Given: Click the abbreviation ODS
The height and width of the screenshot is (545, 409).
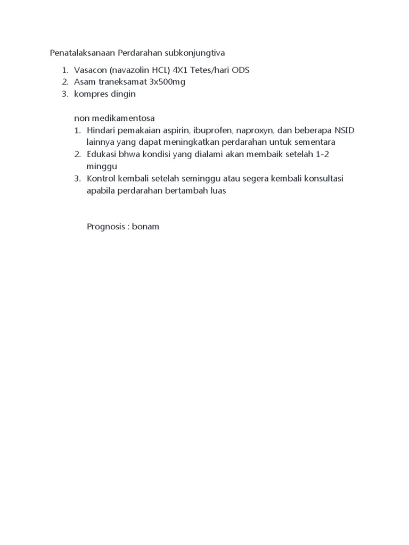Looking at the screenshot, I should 240,70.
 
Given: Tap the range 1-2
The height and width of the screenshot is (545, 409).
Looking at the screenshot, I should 327,154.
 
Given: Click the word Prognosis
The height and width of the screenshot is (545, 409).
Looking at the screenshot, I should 105,227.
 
